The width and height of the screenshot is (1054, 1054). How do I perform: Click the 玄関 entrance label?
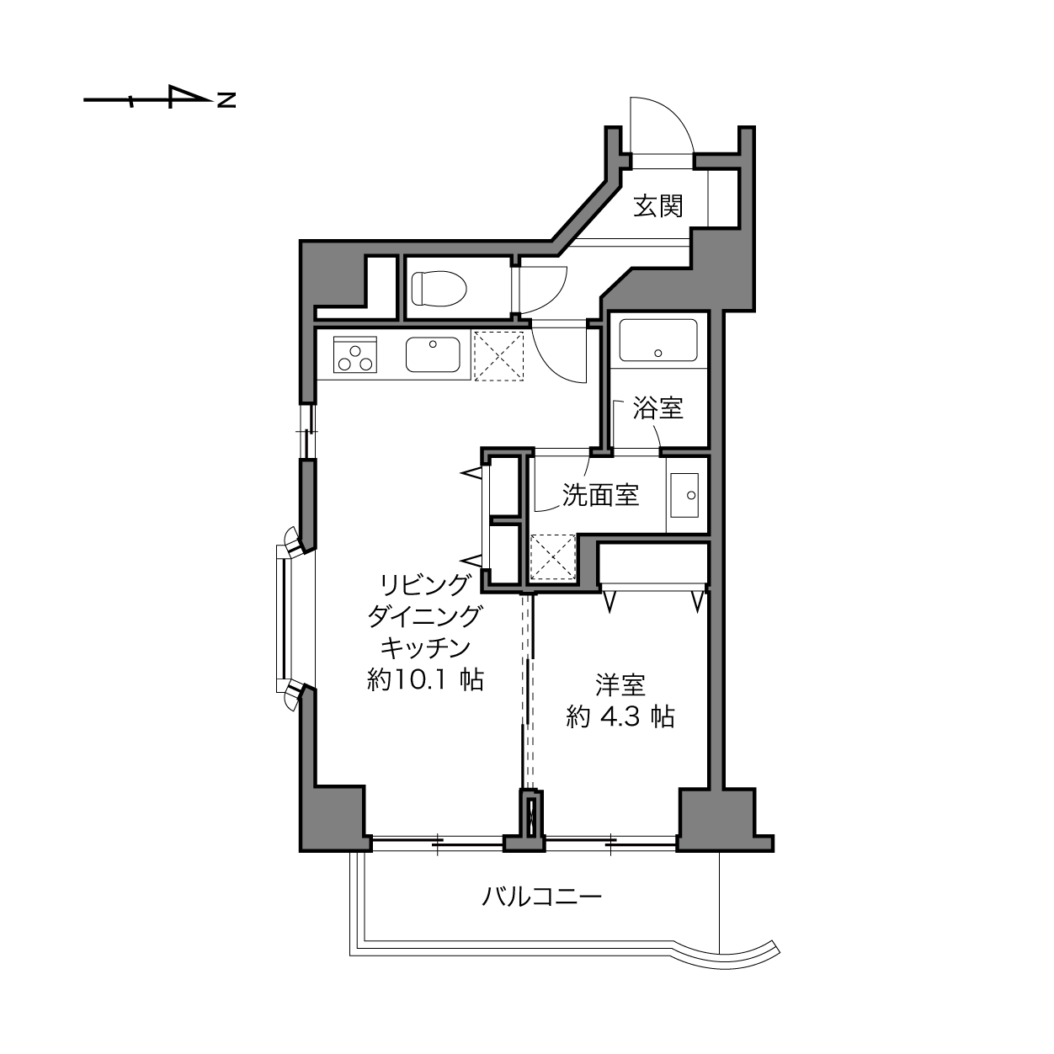657,205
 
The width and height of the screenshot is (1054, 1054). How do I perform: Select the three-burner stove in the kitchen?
355,354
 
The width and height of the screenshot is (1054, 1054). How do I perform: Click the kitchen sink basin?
433,354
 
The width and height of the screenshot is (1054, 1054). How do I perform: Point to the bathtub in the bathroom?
657,341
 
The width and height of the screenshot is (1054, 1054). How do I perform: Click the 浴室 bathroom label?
657,409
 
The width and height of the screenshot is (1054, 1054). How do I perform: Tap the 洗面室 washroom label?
600,495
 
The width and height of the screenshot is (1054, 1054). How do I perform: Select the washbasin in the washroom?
684,496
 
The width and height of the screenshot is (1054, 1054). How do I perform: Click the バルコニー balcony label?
542,897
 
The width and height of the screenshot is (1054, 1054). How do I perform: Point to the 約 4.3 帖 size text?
620,716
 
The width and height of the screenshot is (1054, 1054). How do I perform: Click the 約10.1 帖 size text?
425,679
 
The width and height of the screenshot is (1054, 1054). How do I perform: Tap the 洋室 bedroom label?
620,685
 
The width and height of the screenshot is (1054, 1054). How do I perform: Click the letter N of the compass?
226,101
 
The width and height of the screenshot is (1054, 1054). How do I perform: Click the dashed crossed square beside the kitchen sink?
498,355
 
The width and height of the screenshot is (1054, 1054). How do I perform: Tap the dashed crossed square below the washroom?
551,556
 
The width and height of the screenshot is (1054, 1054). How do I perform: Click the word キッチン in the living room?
425,647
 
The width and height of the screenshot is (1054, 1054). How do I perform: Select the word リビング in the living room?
425,583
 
